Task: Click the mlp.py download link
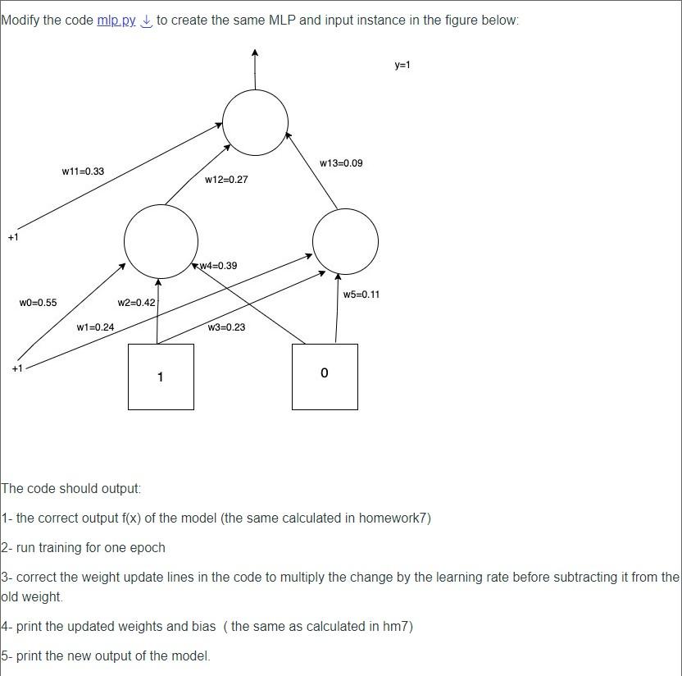click(x=116, y=20)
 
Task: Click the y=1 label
click(x=402, y=65)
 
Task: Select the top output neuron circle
click(x=255, y=123)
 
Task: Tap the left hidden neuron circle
click(x=161, y=241)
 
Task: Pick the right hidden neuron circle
click(x=345, y=241)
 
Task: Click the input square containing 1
click(x=161, y=377)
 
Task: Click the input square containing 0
click(x=325, y=377)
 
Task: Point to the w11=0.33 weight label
click(x=83, y=171)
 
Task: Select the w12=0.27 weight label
click(x=226, y=179)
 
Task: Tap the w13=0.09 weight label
click(x=341, y=163)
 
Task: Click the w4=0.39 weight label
click(x=218, y=266)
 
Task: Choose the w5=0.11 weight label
click(x=361, y=295)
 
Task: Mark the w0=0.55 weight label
click(x=38, y=303)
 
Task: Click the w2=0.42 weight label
click(x=136, y=303)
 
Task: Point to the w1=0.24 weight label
click(x=95, y=327)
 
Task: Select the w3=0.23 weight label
click(x=226, y=327)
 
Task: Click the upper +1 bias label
click(x=13, y=237)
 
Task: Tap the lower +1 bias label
click(x=17, y=368)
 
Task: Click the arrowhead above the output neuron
click(x=255, y=53)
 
